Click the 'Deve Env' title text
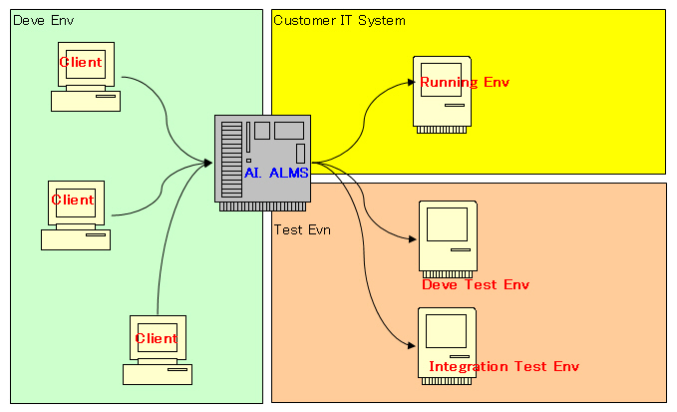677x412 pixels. coord(43,21)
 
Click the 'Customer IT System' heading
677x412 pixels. coord(339,20)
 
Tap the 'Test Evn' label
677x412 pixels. coord(302,229)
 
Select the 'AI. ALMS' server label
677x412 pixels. coord(276,173)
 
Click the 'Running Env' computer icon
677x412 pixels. coord(444,92)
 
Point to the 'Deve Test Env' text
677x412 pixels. coord(476,285)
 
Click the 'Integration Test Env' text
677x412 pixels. coord(504,366)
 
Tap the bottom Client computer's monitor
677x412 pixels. coord(158,337)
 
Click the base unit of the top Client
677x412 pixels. coord(86,100)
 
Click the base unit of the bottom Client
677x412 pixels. coord(158,375)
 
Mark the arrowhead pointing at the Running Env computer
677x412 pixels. coord(408,86)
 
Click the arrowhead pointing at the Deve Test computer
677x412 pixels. coord(411,238)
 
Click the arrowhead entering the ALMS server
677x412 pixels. coord(206,162)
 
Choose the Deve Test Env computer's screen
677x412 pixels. coord(447,225)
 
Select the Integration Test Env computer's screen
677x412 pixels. coord(447,330)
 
